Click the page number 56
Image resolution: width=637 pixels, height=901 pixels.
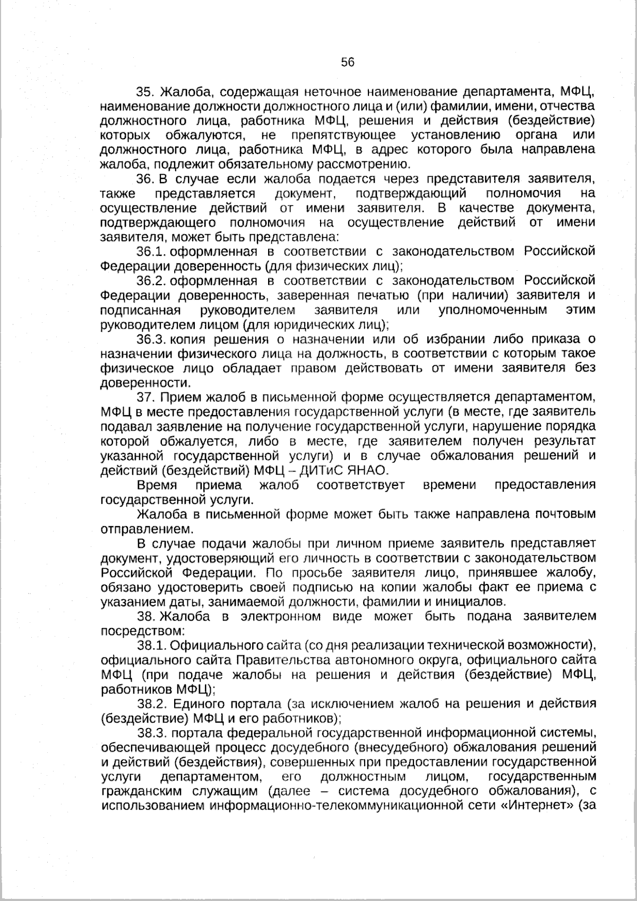point(348,62)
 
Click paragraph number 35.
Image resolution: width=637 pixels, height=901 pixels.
point(145,91)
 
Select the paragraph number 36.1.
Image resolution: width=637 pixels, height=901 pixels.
point(152,251)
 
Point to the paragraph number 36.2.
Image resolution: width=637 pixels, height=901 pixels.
point(152,280)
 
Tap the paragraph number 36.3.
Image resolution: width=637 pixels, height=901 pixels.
point(152,339)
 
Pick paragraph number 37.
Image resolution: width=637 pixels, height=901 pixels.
point(145,397)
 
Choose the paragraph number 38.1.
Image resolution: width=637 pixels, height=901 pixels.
point(152,646)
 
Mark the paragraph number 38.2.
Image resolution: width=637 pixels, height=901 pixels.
point(152,704)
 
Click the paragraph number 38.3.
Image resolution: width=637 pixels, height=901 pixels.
point(152,733)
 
